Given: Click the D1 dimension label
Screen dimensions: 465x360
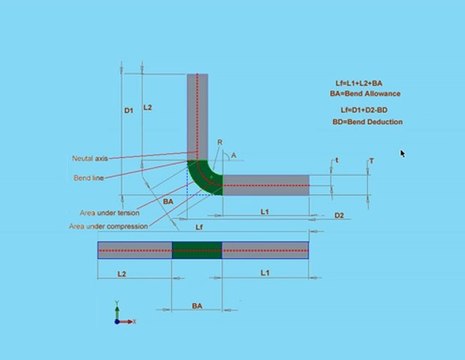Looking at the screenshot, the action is tap(129, 111).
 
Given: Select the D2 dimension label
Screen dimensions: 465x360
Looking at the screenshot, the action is tap(339, 215).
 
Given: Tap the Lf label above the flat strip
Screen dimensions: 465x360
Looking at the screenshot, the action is tap(201, 230).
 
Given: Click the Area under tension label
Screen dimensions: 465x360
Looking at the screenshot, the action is tap(111, 213).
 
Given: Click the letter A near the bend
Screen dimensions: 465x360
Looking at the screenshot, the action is tap(234, 156).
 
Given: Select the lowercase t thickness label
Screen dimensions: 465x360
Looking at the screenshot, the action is tap(337, 160).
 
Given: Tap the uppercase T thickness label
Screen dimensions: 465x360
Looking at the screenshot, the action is tap(371, 161).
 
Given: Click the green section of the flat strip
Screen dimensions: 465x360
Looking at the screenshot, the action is tap(196, 250).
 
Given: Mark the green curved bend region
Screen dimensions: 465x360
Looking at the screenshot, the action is tap(204, 178).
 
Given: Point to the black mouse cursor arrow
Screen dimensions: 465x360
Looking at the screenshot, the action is tap(402, 153).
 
